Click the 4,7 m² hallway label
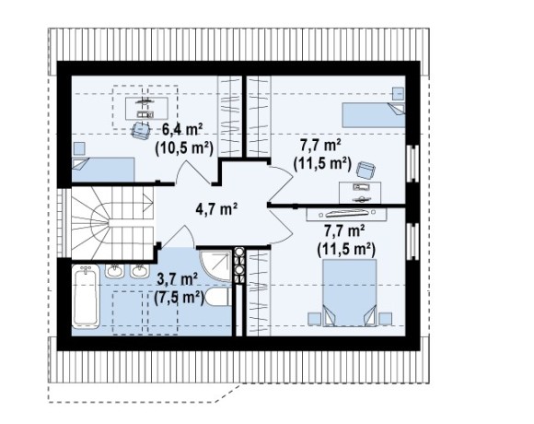216,208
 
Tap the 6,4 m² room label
182,130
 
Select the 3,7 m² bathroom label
177,280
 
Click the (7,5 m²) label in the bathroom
179,299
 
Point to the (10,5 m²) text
184,147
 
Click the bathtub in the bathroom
86,296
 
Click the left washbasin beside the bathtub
114,271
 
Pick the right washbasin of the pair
140,271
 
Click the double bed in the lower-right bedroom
350,292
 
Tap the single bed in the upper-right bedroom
374,115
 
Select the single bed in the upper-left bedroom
103,170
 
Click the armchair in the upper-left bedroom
141,131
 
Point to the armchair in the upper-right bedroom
366,170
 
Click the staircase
112,223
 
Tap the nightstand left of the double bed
315,319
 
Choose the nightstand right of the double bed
385,319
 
